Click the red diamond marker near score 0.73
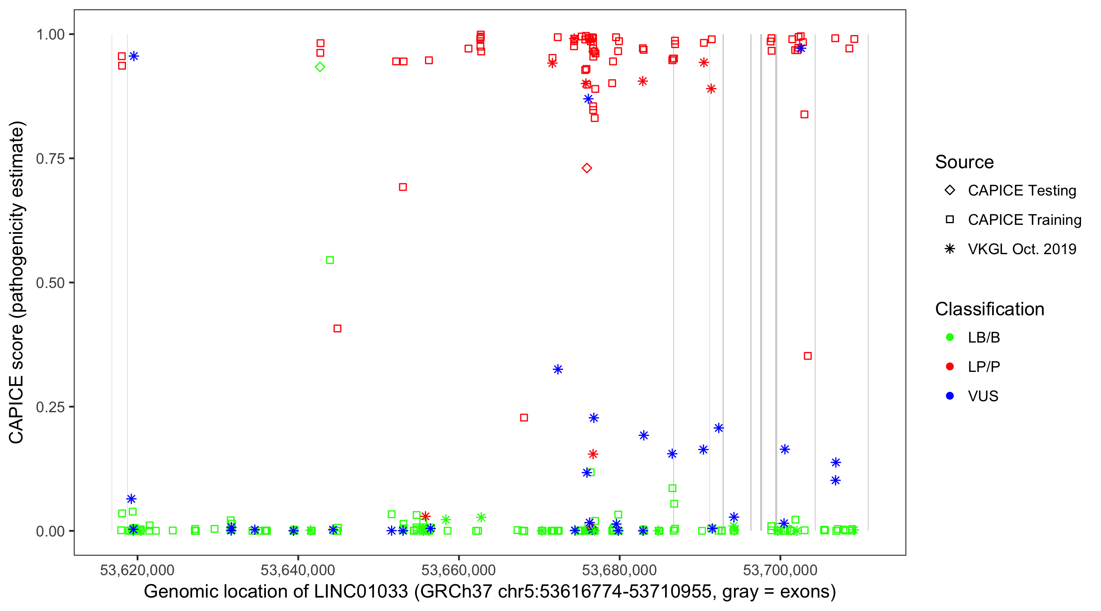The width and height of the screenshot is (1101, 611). tap(587, 168)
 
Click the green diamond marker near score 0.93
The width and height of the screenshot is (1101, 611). tap(320, 67)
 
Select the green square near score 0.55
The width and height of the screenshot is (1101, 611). tap(330, 260)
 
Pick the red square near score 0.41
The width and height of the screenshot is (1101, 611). tap(337, 328)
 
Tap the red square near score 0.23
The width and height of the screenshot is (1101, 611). tap(524, 418)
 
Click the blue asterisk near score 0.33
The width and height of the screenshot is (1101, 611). tap(558, 369)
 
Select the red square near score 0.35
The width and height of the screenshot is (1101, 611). tap(808, 356)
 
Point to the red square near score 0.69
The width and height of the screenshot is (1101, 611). tap(402, 187)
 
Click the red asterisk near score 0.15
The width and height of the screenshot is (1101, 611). tap(593, 454)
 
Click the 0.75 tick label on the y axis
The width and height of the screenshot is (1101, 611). tap(50, 159)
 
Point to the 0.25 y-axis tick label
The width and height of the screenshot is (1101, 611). tap(50, 407)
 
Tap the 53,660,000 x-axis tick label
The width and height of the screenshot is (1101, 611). tap(459, 570)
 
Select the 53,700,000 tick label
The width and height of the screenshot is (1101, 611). tap(780, 570)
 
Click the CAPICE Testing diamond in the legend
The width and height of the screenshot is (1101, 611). tap(950, 191)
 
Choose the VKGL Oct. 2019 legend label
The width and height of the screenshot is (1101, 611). tap(1022, 249)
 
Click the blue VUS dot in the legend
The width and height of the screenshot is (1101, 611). tap(950, 396)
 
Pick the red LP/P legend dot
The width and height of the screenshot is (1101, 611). tap(950, 367)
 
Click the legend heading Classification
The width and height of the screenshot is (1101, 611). tap(989, 309)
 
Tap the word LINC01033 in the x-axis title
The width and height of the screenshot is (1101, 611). tap(361, 592)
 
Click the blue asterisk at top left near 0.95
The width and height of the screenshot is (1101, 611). tap(134, 56)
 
